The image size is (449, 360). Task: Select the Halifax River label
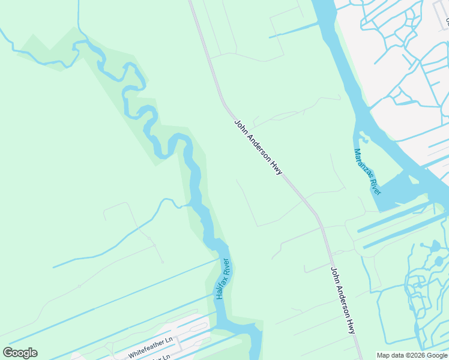223,279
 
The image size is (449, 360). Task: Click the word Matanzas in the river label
361,162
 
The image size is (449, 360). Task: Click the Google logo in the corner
20,353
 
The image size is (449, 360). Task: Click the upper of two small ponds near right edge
435,246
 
